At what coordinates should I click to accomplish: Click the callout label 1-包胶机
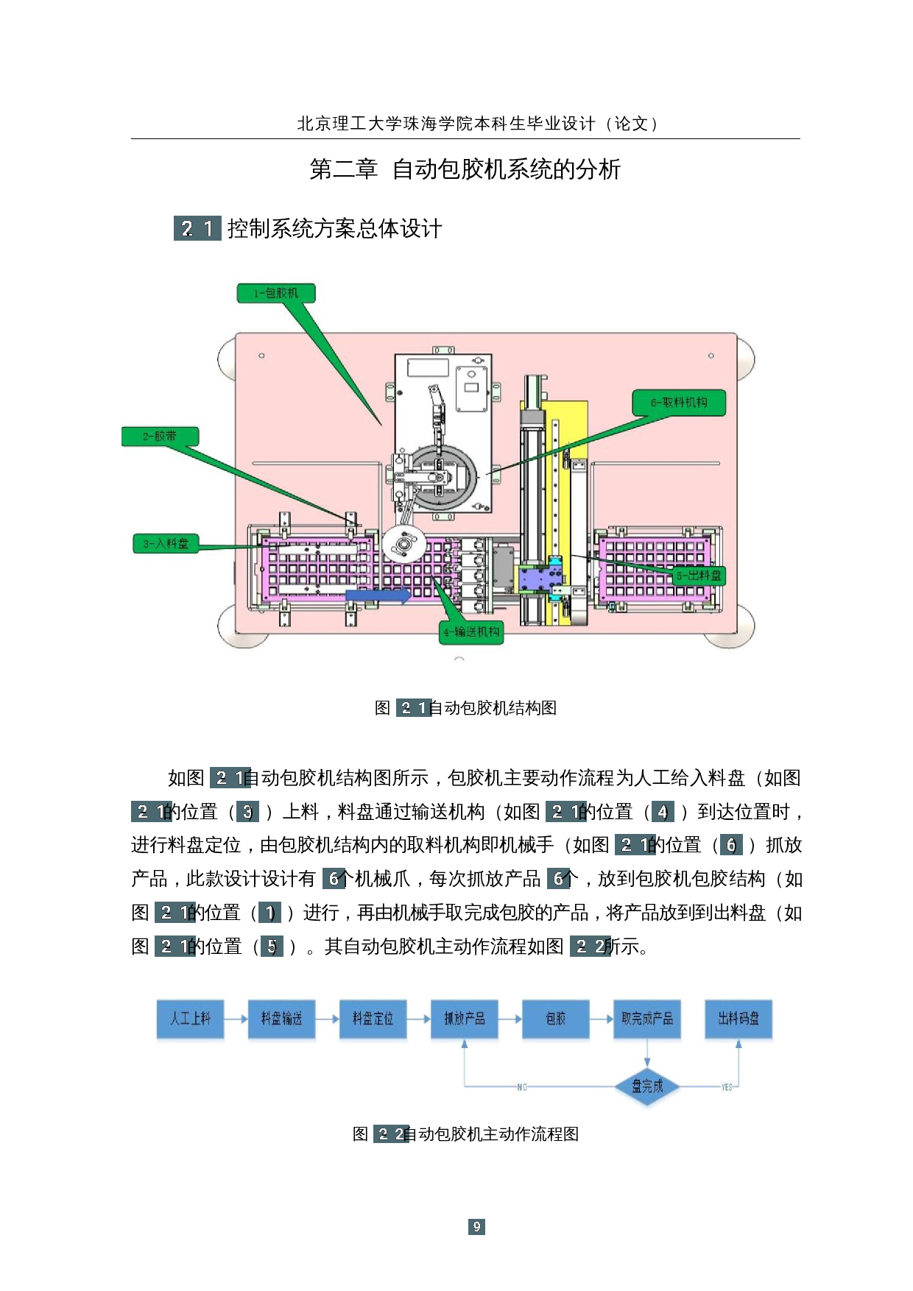pyautogui.click(x=276, y=293)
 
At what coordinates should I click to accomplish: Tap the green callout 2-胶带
pyautogui.click(x=160, y=436)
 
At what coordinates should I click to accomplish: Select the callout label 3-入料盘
pyautogui.click(x=166, y=543)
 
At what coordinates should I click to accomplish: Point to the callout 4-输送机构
pyautogui.click(x=471, y=632)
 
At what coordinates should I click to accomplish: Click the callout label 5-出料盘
pyautogui.click(x=699, y=576)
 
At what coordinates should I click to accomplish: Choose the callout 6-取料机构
pyautogui.click(x=679, y=403)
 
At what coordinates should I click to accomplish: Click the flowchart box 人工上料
pyautogui.click(x=190, y=1019)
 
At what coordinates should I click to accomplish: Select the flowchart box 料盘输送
pyautogui.click(x=281, y=1019)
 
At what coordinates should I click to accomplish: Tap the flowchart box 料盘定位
pyautogui.click(x=373, y=1019)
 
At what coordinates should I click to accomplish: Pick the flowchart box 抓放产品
pyautogui.click(x=464, y=1019)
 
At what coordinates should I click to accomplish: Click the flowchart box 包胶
pyautogui.click(x=555, y=1019)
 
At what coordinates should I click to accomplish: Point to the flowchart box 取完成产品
pyautogui.click(x=646, y=1019)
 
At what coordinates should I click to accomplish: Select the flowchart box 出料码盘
pyautogui.click(x=738, y=1019)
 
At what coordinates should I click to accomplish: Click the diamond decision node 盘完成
pyautogui.click(x=647, y=1086)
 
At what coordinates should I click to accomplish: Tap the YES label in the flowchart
pyautogui.click(x=727, y=1087)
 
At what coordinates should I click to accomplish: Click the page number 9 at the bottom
pyautogui.click(x=476, y=1226)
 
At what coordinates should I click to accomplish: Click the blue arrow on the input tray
pyautogui.click(x=378, y=595)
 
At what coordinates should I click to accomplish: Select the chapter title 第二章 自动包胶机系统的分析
pyautogui.click(x=465, y=169)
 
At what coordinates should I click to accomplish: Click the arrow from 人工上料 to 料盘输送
pyautogui.click(x=236, y=1019)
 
